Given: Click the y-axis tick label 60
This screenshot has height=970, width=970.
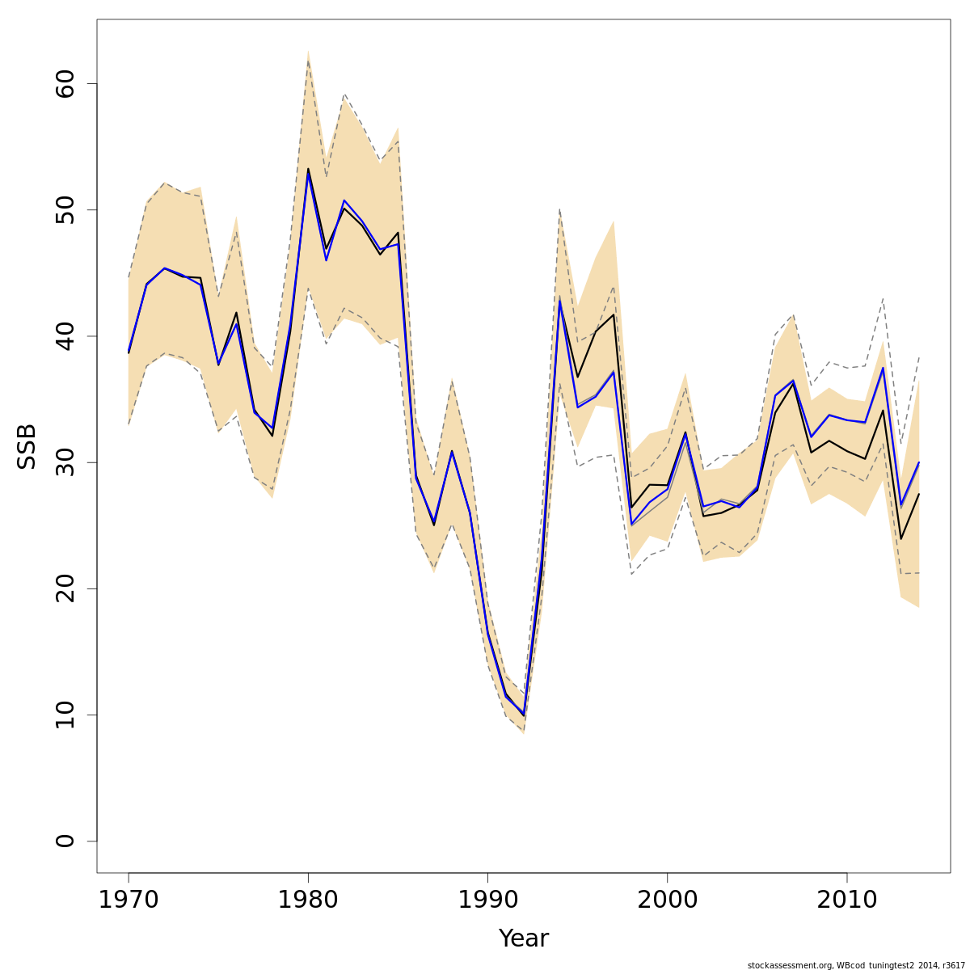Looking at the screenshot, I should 65,84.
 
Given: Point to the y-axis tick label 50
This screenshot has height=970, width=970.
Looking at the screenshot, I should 65,210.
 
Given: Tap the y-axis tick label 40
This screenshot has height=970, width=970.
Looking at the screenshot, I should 65,336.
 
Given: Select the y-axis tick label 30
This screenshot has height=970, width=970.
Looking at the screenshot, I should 65,462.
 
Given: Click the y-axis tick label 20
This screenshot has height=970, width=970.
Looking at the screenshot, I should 65,588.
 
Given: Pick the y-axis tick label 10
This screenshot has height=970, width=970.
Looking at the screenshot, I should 65,715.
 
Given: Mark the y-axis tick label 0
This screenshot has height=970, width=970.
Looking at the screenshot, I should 65,841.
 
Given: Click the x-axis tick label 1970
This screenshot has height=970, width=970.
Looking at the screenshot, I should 129,900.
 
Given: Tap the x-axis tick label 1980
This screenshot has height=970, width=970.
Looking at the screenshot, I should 308,900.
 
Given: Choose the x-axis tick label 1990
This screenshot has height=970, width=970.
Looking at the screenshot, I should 487,900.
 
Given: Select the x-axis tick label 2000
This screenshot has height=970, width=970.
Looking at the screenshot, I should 668,900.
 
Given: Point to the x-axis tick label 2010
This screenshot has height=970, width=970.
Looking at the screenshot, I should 847,900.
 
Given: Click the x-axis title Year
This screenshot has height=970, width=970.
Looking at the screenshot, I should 524,938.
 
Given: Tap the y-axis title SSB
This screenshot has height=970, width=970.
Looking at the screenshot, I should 27,445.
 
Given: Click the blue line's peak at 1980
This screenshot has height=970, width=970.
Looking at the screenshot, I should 308,172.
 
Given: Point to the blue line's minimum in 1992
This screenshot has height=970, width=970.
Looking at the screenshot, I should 524,715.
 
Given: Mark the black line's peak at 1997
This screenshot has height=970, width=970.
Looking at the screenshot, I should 614,314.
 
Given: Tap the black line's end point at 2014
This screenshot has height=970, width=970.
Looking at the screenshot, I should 919,494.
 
